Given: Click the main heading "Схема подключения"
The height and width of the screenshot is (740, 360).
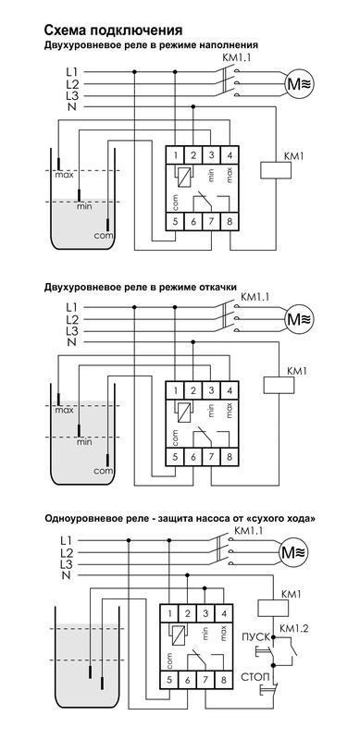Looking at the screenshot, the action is pos(114,31).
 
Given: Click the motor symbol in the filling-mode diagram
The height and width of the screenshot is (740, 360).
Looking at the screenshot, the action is pos(299,83).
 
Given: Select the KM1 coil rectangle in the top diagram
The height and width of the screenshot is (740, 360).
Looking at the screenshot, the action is pos(276,170).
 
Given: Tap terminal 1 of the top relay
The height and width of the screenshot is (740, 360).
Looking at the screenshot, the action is pos(175,154).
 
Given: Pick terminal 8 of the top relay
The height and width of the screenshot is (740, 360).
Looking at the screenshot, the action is pos(230,222).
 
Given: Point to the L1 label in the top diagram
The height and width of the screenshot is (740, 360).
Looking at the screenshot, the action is pos(72,72).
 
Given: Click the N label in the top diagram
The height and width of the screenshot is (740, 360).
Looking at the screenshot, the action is pos(72,107).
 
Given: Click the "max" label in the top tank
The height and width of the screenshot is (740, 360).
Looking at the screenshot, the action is pos(64,175).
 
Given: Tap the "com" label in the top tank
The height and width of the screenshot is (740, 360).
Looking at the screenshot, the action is pos(103,235).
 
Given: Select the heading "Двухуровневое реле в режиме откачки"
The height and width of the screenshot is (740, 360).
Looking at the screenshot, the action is pos(141,287).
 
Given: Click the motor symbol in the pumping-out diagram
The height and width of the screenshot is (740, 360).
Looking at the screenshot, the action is pos(299,319).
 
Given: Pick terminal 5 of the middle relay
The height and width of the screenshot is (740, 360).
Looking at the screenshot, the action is pos(175,457).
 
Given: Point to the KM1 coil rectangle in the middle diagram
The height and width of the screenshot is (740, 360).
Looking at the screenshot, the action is pos(279,385).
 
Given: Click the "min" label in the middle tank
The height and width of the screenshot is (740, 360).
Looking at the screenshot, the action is pos(84,442).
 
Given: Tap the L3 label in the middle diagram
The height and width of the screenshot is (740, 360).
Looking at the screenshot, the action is pos(72,330).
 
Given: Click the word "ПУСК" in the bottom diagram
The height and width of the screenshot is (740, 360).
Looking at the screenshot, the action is pos(255,637).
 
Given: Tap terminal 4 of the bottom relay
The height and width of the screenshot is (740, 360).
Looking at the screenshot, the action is pos(223,613).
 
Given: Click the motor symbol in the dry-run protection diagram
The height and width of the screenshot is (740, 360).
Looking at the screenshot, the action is pos(293,551).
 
